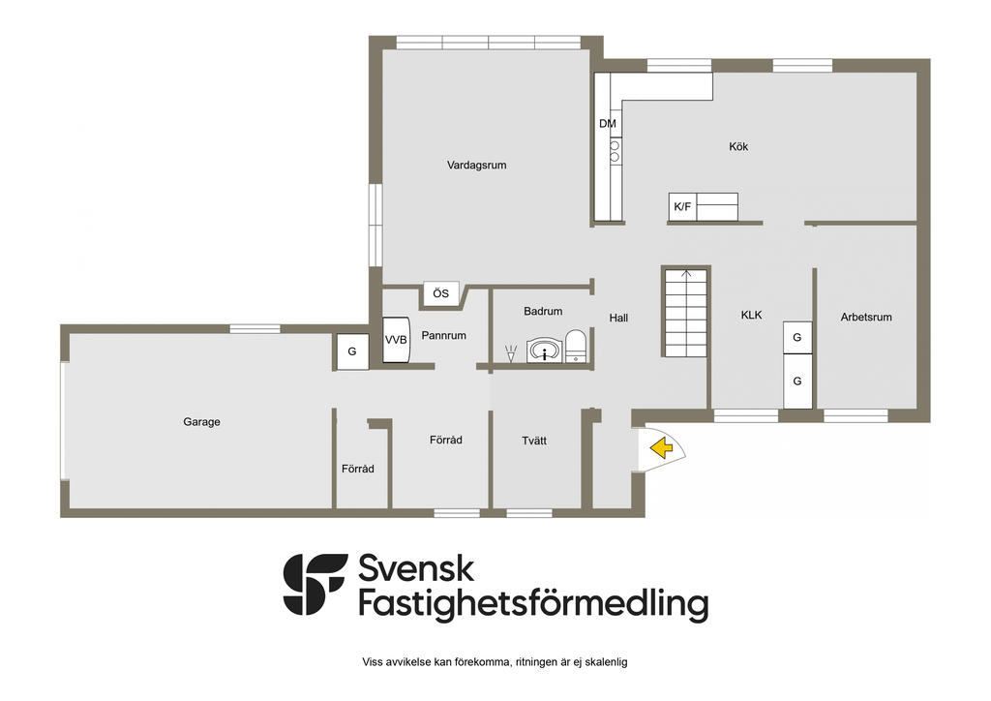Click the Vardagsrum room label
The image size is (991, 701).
[476, 166]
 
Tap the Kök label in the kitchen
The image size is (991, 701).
[738, 146]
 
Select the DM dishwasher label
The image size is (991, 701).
[608, 124]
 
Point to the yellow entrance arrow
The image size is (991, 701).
[661, 448]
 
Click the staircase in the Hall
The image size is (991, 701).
[686, 312]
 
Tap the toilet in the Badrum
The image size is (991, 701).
[576, 346]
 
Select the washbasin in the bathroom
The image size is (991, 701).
[545, 350]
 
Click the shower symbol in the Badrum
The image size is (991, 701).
[511, 353]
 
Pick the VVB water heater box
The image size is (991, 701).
[396, 340]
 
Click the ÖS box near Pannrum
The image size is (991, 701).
[441, 294]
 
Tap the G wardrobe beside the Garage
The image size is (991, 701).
[352, 351]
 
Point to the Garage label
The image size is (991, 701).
[201, 421]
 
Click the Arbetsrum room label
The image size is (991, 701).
[866, 318]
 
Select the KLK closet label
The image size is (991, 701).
[751, 315]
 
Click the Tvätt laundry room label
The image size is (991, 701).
[534, 441]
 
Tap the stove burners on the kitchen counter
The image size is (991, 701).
[615, 152]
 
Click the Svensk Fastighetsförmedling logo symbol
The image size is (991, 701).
[315, 585]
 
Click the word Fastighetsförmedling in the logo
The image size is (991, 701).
[533, 603]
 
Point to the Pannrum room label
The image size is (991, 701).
[443, 336]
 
